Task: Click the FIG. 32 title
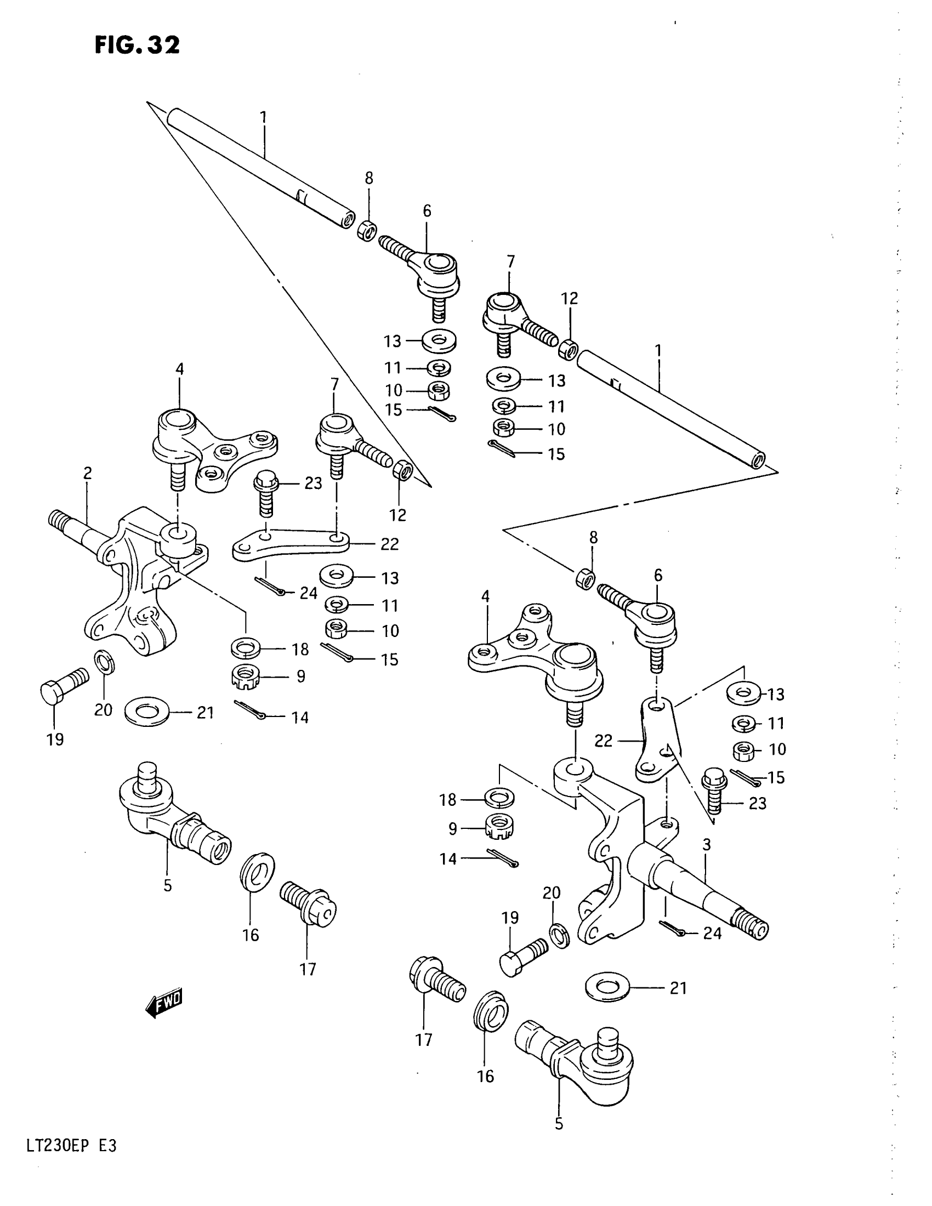[137, 45]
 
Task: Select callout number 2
[88, 473]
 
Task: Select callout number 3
[706, 844]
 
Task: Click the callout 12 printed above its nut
[569, 299]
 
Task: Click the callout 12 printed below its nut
[397, 515]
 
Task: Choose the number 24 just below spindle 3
[712, 932]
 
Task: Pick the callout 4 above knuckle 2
[179, 369]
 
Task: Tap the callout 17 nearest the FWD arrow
[308, 969]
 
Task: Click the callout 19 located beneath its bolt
[55, 739]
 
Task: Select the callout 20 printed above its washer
[552, 893]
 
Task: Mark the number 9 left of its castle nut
[453, 828]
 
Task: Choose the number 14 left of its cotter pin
[448, 858]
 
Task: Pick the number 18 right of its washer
[300, 650]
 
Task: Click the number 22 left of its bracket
[604, 741]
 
